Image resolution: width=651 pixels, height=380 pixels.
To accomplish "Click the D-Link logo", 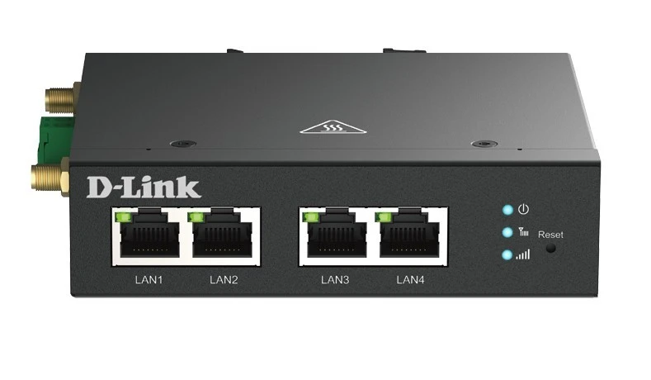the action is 144,188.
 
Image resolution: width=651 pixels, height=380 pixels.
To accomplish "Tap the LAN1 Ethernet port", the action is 149,235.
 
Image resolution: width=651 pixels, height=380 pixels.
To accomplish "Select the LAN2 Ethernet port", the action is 222,235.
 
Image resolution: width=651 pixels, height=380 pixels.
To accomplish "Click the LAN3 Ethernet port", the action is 337,235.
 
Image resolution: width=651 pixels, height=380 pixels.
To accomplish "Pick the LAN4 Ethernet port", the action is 409,235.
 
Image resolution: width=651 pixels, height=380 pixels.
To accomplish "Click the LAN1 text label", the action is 149,280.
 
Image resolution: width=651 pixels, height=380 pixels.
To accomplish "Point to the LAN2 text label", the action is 224,280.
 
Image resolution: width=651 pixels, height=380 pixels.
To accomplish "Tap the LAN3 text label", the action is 335,280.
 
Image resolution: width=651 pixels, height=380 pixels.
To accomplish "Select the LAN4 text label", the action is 410,280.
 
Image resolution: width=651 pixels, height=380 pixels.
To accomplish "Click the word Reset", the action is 550,235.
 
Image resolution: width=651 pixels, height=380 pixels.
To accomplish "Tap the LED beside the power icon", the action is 507,210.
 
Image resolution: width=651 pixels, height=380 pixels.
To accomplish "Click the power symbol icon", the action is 524,209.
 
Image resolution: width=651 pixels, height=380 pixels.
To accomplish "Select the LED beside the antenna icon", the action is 507,232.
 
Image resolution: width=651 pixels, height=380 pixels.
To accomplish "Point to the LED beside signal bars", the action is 507,255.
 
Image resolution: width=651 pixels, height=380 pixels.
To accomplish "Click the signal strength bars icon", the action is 523,254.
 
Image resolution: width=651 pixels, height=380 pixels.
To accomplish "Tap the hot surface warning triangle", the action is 333,126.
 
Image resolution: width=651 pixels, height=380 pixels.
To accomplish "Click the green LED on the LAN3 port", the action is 309,217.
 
